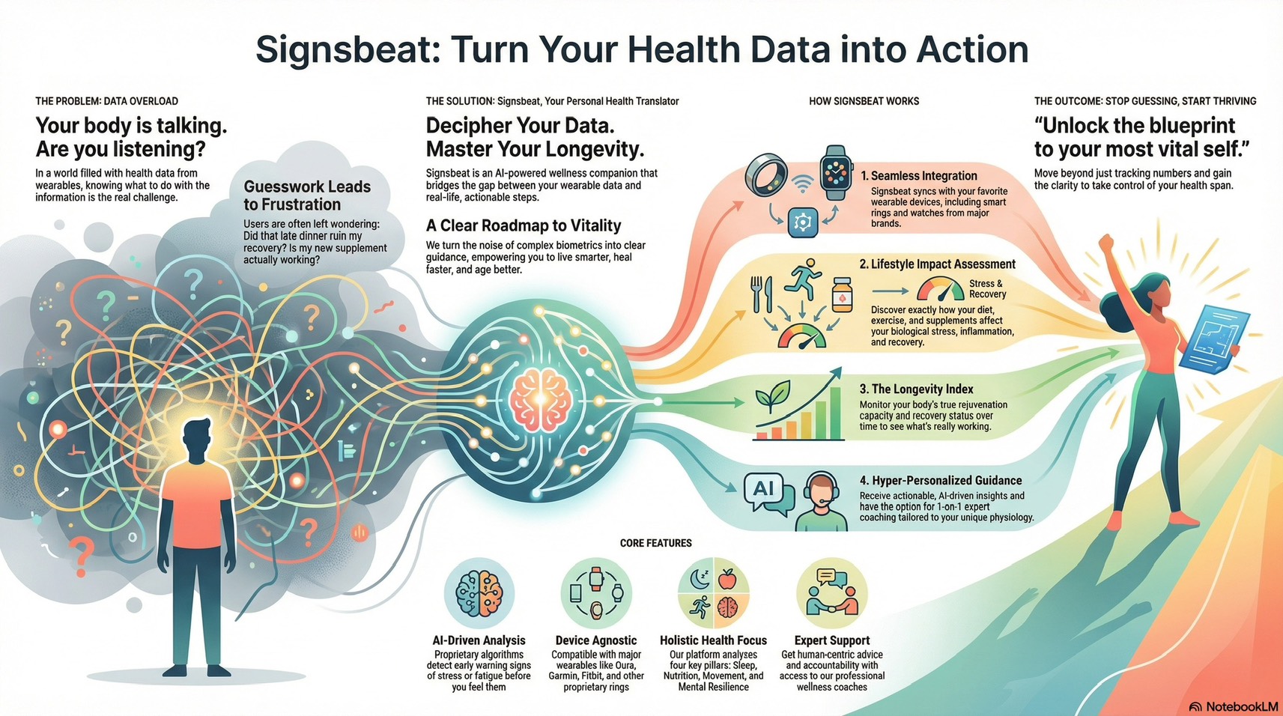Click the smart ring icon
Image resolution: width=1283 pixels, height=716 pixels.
[765, 175]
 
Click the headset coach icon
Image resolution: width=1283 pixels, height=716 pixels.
[821, 502]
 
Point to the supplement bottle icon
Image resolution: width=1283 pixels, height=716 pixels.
[841, 294]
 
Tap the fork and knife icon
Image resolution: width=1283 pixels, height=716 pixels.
[761, 294]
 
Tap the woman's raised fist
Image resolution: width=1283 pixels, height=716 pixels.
[1105, 243]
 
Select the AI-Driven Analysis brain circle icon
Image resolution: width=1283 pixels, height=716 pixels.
[479, 593]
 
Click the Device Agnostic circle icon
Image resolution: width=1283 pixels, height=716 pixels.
[596, 593]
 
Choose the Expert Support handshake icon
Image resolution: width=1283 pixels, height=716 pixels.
[831, 593]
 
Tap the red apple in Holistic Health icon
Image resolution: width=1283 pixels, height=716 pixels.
[727, 580]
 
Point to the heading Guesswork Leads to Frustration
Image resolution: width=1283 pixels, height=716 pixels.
[307, 195]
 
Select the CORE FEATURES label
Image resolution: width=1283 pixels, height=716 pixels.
[656, 543]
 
